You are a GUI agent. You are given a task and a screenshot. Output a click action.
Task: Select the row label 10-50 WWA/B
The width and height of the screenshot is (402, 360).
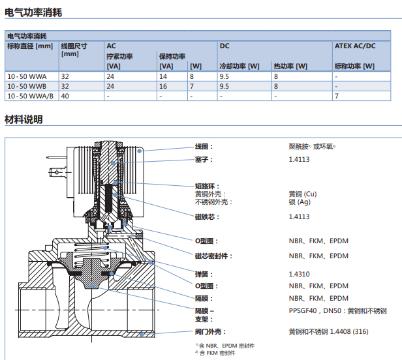click(x=30, y=96)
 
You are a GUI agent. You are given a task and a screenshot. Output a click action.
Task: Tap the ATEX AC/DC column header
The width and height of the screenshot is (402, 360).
click(x=355, y=46)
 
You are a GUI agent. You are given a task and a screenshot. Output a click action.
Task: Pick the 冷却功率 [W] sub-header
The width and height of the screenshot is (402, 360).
click(x=240, y=66)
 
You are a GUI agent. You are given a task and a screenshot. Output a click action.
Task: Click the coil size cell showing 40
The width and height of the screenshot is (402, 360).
click(x=65, y=96)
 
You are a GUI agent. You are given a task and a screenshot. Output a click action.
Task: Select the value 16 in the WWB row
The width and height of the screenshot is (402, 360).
click(x=163, y=86)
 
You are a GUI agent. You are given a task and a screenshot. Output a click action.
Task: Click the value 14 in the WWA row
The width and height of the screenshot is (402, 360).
click(x=163, y=76)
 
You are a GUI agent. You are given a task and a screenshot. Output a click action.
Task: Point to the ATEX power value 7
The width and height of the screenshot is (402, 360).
click(x=337, y=96)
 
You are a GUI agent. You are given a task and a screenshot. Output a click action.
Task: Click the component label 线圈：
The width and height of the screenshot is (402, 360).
click(x=204, y=147)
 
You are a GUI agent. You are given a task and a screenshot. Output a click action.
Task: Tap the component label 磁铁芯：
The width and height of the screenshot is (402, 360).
click(x=207, y=217)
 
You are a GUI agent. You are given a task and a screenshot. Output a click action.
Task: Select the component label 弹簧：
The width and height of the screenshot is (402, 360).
click(x=204, y=274)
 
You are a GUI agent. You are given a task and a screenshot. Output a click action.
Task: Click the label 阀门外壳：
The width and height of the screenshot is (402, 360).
click(x=209, y=331)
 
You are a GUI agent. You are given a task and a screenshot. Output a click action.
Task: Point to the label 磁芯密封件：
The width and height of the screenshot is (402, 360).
click(x=213, y=256)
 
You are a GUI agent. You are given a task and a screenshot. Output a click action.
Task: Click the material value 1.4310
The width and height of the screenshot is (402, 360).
click(x=300, y=274)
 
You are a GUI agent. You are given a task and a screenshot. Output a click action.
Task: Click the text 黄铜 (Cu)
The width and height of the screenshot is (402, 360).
click(x=303, y=194)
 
